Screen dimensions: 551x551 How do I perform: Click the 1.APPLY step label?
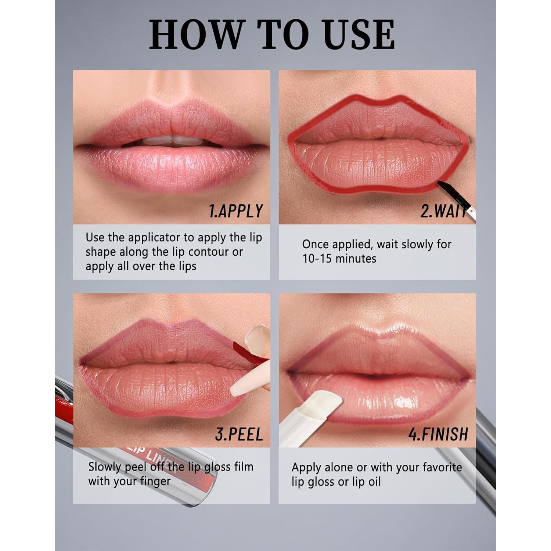click(x=236, y=211)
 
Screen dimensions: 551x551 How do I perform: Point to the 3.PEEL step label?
click(x=239, y=434)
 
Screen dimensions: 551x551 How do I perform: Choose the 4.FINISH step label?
click(x=438, y=434)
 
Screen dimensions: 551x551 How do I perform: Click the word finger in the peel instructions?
click(x=155, y=481)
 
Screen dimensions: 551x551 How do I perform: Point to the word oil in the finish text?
click(x=374, y=482)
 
